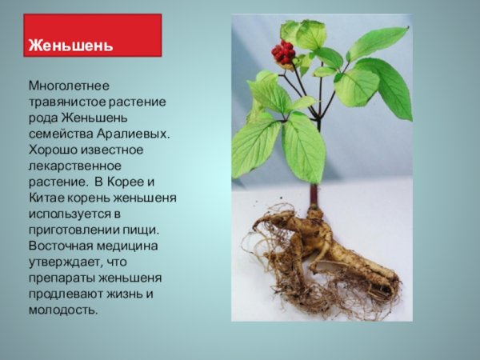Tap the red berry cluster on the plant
[282, 53]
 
